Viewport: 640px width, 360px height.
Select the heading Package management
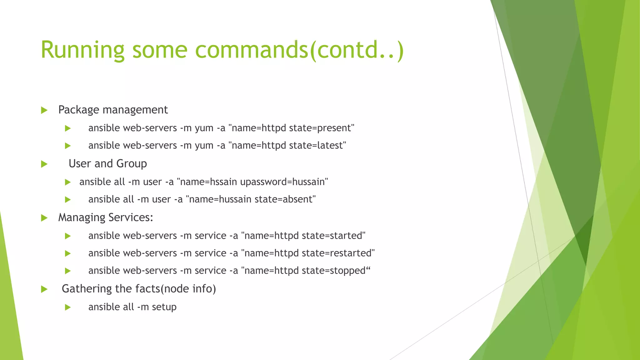113,110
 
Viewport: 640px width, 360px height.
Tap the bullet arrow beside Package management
44,110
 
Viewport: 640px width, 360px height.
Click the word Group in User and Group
132,164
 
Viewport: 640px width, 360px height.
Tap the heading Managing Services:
106,217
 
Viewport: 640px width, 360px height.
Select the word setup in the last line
164,307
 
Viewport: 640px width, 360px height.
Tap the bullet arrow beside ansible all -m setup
67,307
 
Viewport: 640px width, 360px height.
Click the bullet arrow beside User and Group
44,164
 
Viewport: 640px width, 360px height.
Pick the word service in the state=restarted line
210,253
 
